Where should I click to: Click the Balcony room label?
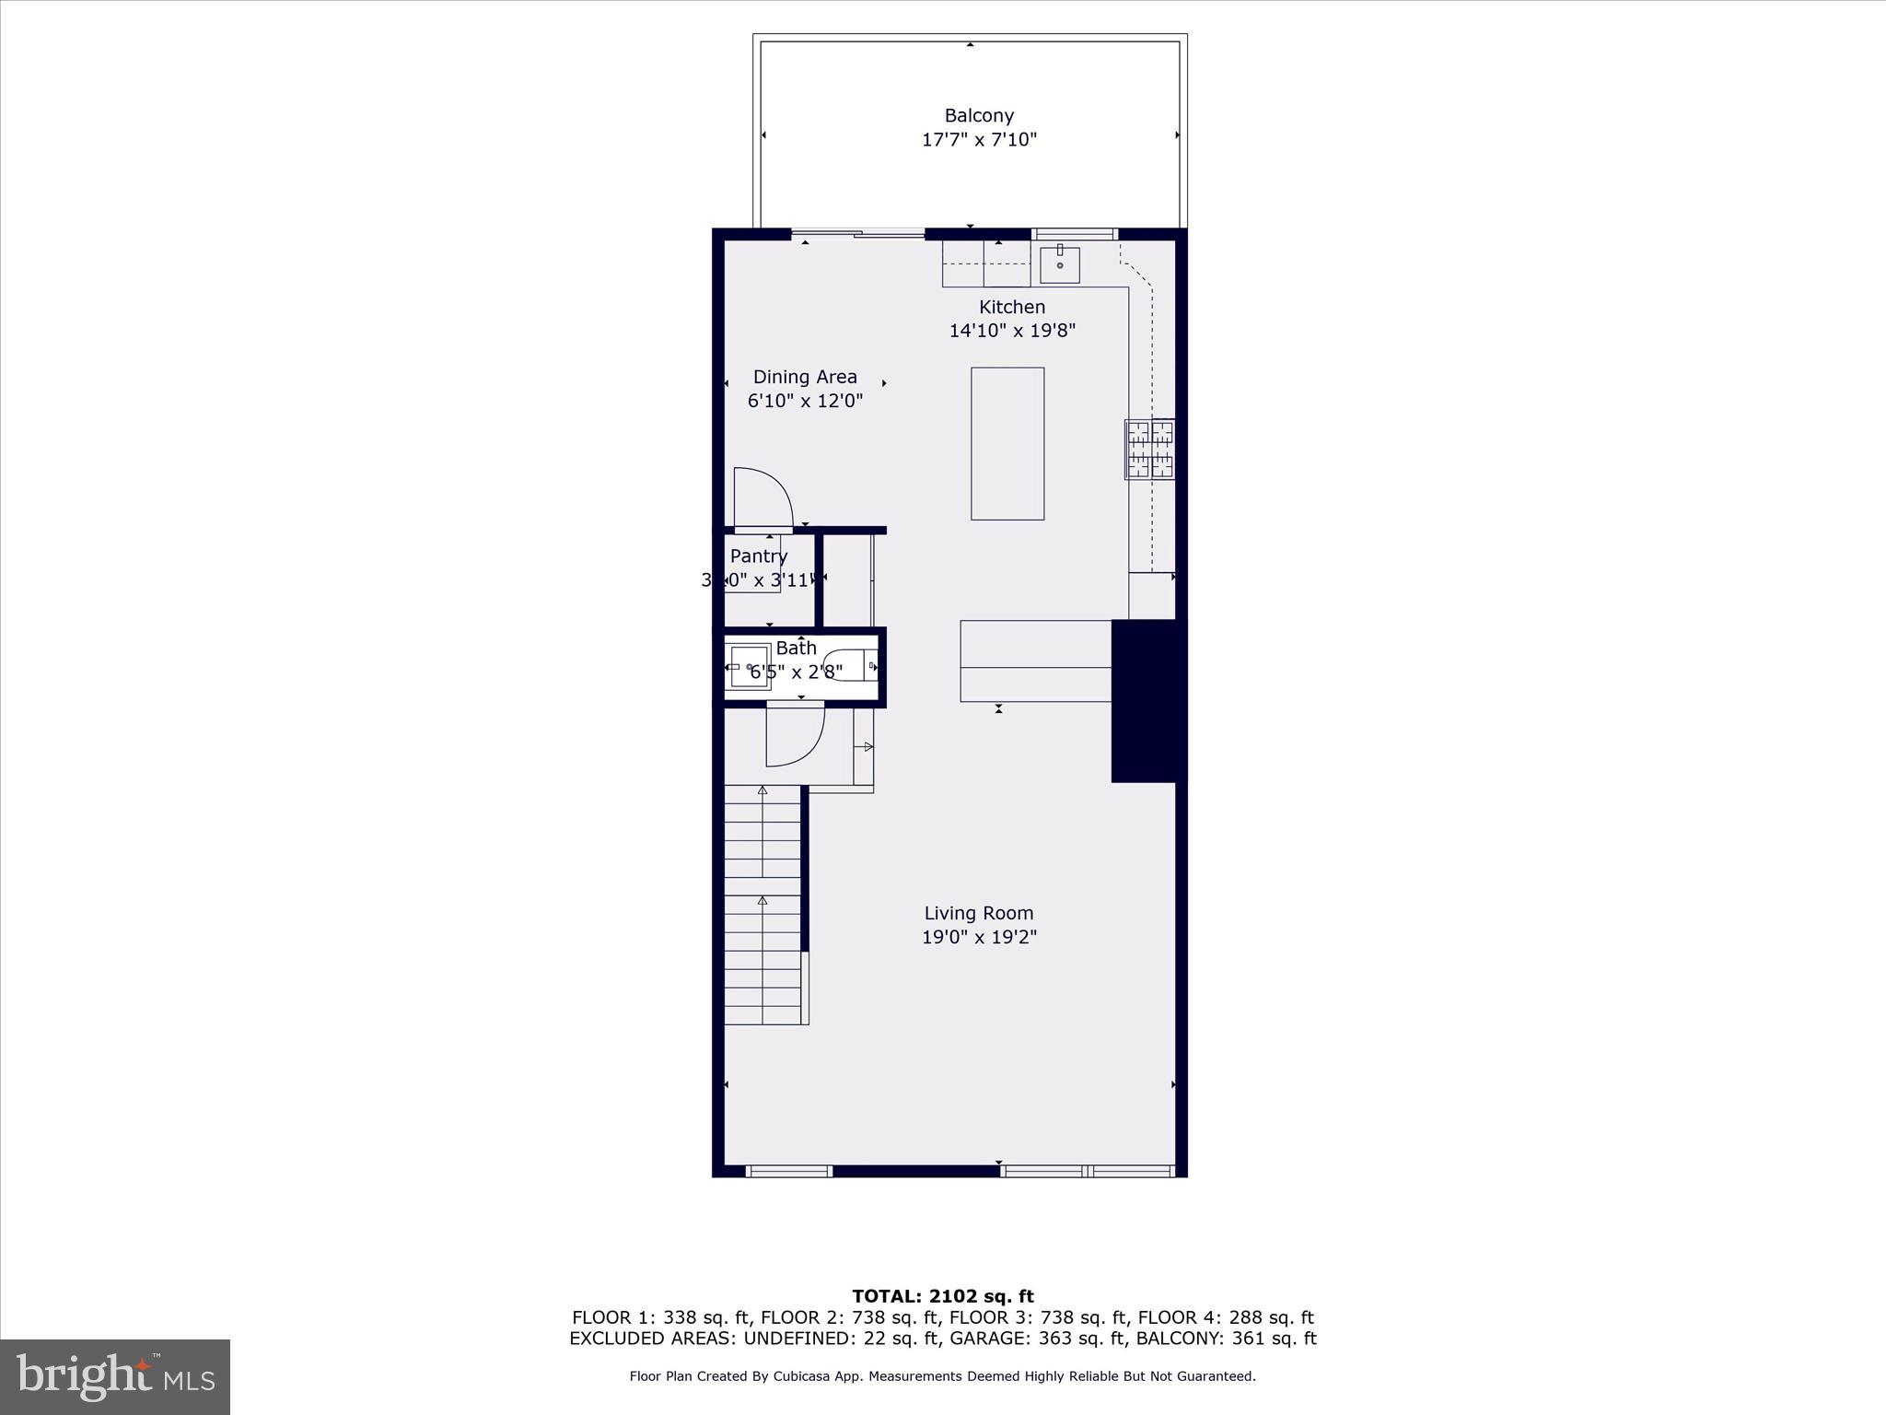pos(979,116)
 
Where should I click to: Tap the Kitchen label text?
pos(1012,307)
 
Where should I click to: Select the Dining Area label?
pos(805,377)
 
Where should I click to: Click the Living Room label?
pos(979,913)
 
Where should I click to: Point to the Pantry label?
pos(758,556)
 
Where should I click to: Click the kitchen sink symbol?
pos(1060,265)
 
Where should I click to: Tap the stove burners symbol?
pos(1149,450)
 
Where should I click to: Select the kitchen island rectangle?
pos(1007,443)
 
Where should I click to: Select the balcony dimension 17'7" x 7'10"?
pos(979,140)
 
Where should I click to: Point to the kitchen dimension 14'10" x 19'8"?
pos(1012,331)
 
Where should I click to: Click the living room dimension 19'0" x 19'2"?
pos(979,937)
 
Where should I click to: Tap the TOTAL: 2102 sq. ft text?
pos(942,1297)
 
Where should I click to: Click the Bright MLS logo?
pos(115,1376)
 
